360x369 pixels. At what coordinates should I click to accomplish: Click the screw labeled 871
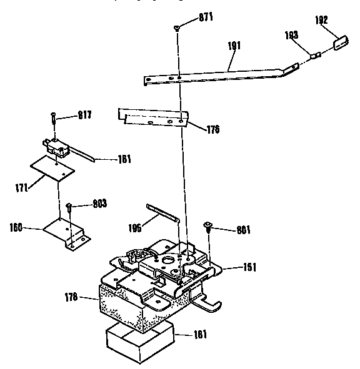[177, 26]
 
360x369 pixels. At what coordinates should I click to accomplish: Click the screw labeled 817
[54, 116]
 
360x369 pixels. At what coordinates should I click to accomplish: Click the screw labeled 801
[209, 225]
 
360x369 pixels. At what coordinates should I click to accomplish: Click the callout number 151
[250, 267]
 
